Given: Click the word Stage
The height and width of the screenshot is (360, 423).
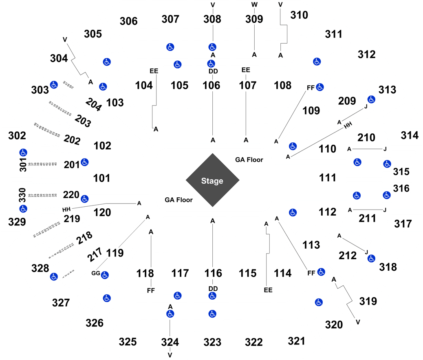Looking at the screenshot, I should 212,181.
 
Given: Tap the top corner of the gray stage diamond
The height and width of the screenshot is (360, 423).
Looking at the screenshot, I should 212,153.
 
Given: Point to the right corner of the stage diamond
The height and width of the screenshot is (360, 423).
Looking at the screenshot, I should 240,180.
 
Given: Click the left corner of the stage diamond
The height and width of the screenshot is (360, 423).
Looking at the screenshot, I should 185,180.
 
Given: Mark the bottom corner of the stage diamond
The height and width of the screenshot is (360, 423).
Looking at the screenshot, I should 212,207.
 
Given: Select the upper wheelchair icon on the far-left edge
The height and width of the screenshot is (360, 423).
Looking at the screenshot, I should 23,152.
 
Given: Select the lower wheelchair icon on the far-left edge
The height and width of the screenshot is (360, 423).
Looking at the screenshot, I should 23,208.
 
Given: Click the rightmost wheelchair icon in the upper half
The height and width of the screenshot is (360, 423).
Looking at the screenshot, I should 387,164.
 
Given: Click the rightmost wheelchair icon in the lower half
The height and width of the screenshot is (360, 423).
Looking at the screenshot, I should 387,195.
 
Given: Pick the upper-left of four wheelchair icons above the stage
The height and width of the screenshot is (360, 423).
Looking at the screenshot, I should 170,47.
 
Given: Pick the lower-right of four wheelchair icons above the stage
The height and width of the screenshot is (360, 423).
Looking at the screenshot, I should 211,64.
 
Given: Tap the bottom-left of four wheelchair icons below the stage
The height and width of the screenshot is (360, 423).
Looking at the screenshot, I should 170,314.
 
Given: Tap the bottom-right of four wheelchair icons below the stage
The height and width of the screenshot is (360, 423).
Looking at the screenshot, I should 212,314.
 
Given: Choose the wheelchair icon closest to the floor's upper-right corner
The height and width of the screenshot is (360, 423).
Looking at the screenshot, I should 293,146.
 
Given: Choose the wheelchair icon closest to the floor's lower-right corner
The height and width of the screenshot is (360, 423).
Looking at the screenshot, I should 293,212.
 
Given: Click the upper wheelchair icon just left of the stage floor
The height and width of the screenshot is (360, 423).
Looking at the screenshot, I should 84,162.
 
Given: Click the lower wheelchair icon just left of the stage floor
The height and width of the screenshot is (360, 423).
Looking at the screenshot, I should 84,199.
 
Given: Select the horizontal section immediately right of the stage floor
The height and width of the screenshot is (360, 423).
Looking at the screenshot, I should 310,180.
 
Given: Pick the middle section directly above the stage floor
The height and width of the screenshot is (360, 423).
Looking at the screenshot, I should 211,104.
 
